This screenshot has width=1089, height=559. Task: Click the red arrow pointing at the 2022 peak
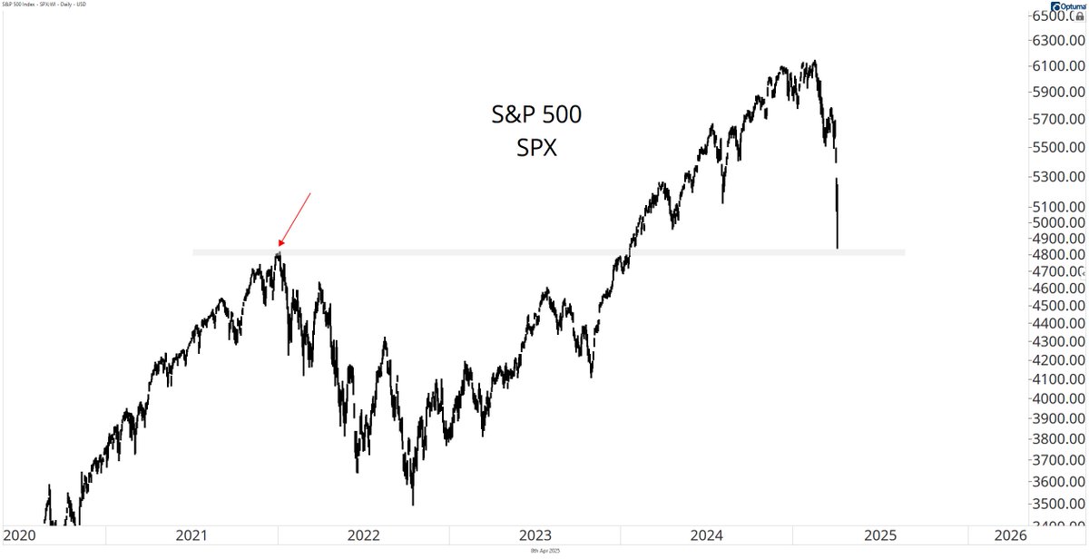(x=295, y=220)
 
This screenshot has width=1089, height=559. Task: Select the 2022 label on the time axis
(x=364, y=535)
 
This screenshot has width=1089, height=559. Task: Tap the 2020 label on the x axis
(x=21, y=535)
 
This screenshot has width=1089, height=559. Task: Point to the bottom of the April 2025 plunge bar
(x=837, y=247)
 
